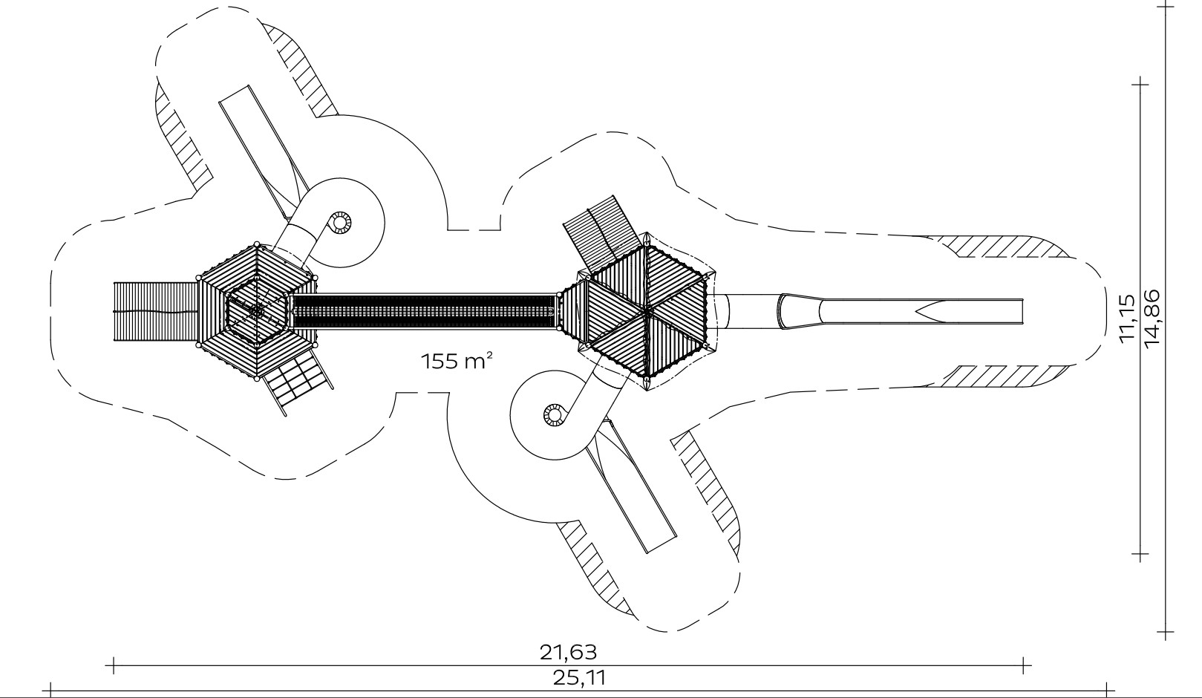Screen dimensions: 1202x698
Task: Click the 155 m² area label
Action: coord(456,361)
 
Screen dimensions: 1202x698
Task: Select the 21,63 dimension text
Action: coord(568,653)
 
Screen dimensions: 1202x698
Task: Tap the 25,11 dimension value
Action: coord(580,678)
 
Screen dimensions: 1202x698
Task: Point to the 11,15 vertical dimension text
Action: coord(1128,316)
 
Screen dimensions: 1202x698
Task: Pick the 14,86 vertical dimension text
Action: coord(1152,319)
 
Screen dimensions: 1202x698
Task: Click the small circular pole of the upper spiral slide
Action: coord(340,223)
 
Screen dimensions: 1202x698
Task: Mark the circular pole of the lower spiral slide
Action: coord(555,415)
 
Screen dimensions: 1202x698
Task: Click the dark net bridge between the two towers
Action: coord(424,311)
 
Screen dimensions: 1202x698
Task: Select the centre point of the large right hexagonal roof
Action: coord(647,310)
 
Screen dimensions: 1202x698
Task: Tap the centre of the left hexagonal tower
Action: coord(257,310)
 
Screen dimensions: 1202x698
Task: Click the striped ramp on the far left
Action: coord(156,311)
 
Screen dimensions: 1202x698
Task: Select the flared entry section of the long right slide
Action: coord(800,311)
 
